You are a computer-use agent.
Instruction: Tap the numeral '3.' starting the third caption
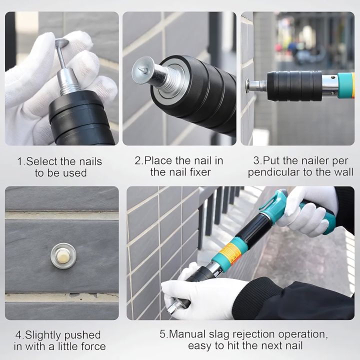(257, 161)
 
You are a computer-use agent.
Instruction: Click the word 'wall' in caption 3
(342, 172)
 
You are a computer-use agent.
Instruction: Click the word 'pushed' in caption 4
(81, 334)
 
